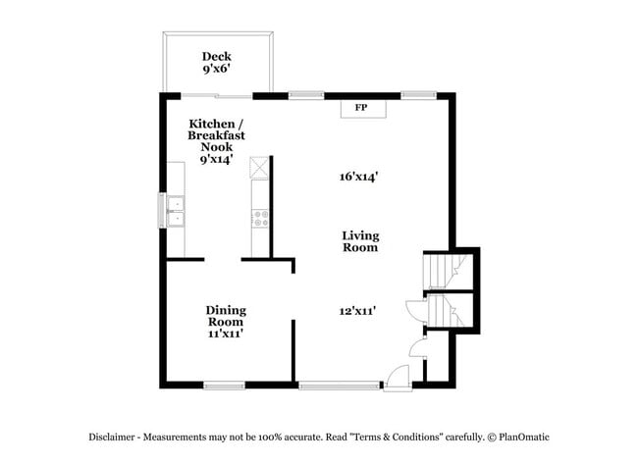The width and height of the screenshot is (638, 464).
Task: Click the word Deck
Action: coord(217,57)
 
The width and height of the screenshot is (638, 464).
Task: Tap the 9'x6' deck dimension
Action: coord(217,71)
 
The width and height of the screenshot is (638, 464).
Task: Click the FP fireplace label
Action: coord(360,106)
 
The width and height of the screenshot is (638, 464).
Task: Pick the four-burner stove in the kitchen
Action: coord(261,219)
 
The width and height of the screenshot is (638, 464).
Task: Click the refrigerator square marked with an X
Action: coord(259,168)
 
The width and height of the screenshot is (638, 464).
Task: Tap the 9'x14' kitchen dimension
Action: coord(216,159)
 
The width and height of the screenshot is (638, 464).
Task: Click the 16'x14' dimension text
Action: coord(359,177)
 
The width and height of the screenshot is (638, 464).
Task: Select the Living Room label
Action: coord(360,241)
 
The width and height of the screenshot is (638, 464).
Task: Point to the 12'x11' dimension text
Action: coord(359,311)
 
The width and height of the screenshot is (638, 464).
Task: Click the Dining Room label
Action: coord(225,316)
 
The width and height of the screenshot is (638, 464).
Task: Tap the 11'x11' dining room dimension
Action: coord(225,334)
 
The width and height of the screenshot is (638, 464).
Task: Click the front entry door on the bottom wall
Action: coord(397,379)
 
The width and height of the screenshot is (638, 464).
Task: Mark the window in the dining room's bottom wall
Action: coord(224,385)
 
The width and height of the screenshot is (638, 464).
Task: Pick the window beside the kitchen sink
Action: coord(162,211)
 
